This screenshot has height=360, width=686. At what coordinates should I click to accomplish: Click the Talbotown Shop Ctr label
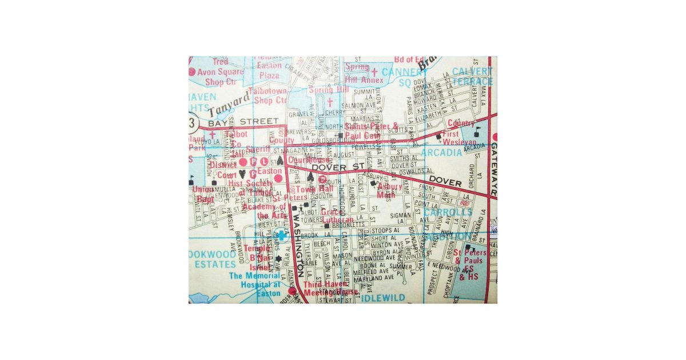point(270,95)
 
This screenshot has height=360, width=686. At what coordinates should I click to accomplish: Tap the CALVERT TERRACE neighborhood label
point(472,77)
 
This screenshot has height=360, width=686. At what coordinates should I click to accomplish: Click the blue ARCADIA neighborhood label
point(441,153)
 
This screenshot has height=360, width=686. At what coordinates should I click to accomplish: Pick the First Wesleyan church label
point(460,138)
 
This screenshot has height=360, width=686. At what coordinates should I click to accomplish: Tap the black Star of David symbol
point(278,259)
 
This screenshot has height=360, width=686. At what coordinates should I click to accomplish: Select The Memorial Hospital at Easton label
point(255,284)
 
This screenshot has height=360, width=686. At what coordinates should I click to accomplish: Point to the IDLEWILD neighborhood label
point(383,298)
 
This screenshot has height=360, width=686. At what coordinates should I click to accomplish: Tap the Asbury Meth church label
point(389,190)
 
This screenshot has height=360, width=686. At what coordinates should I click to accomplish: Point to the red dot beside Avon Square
point(192,72)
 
